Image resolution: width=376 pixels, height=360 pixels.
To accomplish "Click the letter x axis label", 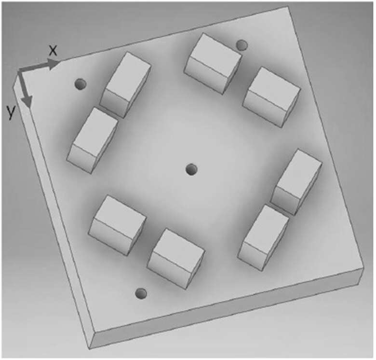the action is pyautogui.click(x=53, y=51).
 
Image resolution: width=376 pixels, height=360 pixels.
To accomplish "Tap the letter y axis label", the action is pyautogui.click(x=11, y=112).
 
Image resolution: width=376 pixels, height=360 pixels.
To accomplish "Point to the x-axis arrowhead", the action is pyautogui.click(x=54, y=64).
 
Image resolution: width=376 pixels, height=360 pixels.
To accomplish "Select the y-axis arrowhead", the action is pyautogui.click(x=27, y=102).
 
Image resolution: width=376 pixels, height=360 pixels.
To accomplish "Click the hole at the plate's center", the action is pyautogui.click(x=191, y=169).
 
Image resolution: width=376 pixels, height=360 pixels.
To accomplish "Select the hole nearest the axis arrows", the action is pyautogui.click(x=81, y=84).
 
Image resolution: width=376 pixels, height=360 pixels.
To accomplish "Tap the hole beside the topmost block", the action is pyautogui.click(x=242, y=45).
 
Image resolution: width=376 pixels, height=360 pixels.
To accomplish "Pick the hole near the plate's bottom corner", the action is pyautogui.click(x=141, y=293).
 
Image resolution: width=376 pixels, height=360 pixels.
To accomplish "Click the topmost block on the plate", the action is pyautogui.click(x=213, y=63).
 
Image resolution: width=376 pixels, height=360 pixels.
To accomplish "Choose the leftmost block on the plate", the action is pyautogui.click(x=93, y=140).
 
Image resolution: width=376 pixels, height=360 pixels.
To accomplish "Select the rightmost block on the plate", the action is pyautogui.click(x=296, y=182).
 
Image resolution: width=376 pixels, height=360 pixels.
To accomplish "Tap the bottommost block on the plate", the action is pyautogui.click(x=175, y=259).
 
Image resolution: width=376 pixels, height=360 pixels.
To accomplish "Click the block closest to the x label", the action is pyautogui.click(x=125, y=85).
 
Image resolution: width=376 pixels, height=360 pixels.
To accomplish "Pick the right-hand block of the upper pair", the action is pyautogui.click(x=271, y=97).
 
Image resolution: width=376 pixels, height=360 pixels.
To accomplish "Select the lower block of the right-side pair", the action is pyautogui.click(x=264, y=238).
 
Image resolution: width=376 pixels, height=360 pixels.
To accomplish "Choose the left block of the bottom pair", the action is pyautogui.click(x=118, y=225).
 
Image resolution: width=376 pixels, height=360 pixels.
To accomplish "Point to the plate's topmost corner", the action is pyautogui.click(x=287, y=7).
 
